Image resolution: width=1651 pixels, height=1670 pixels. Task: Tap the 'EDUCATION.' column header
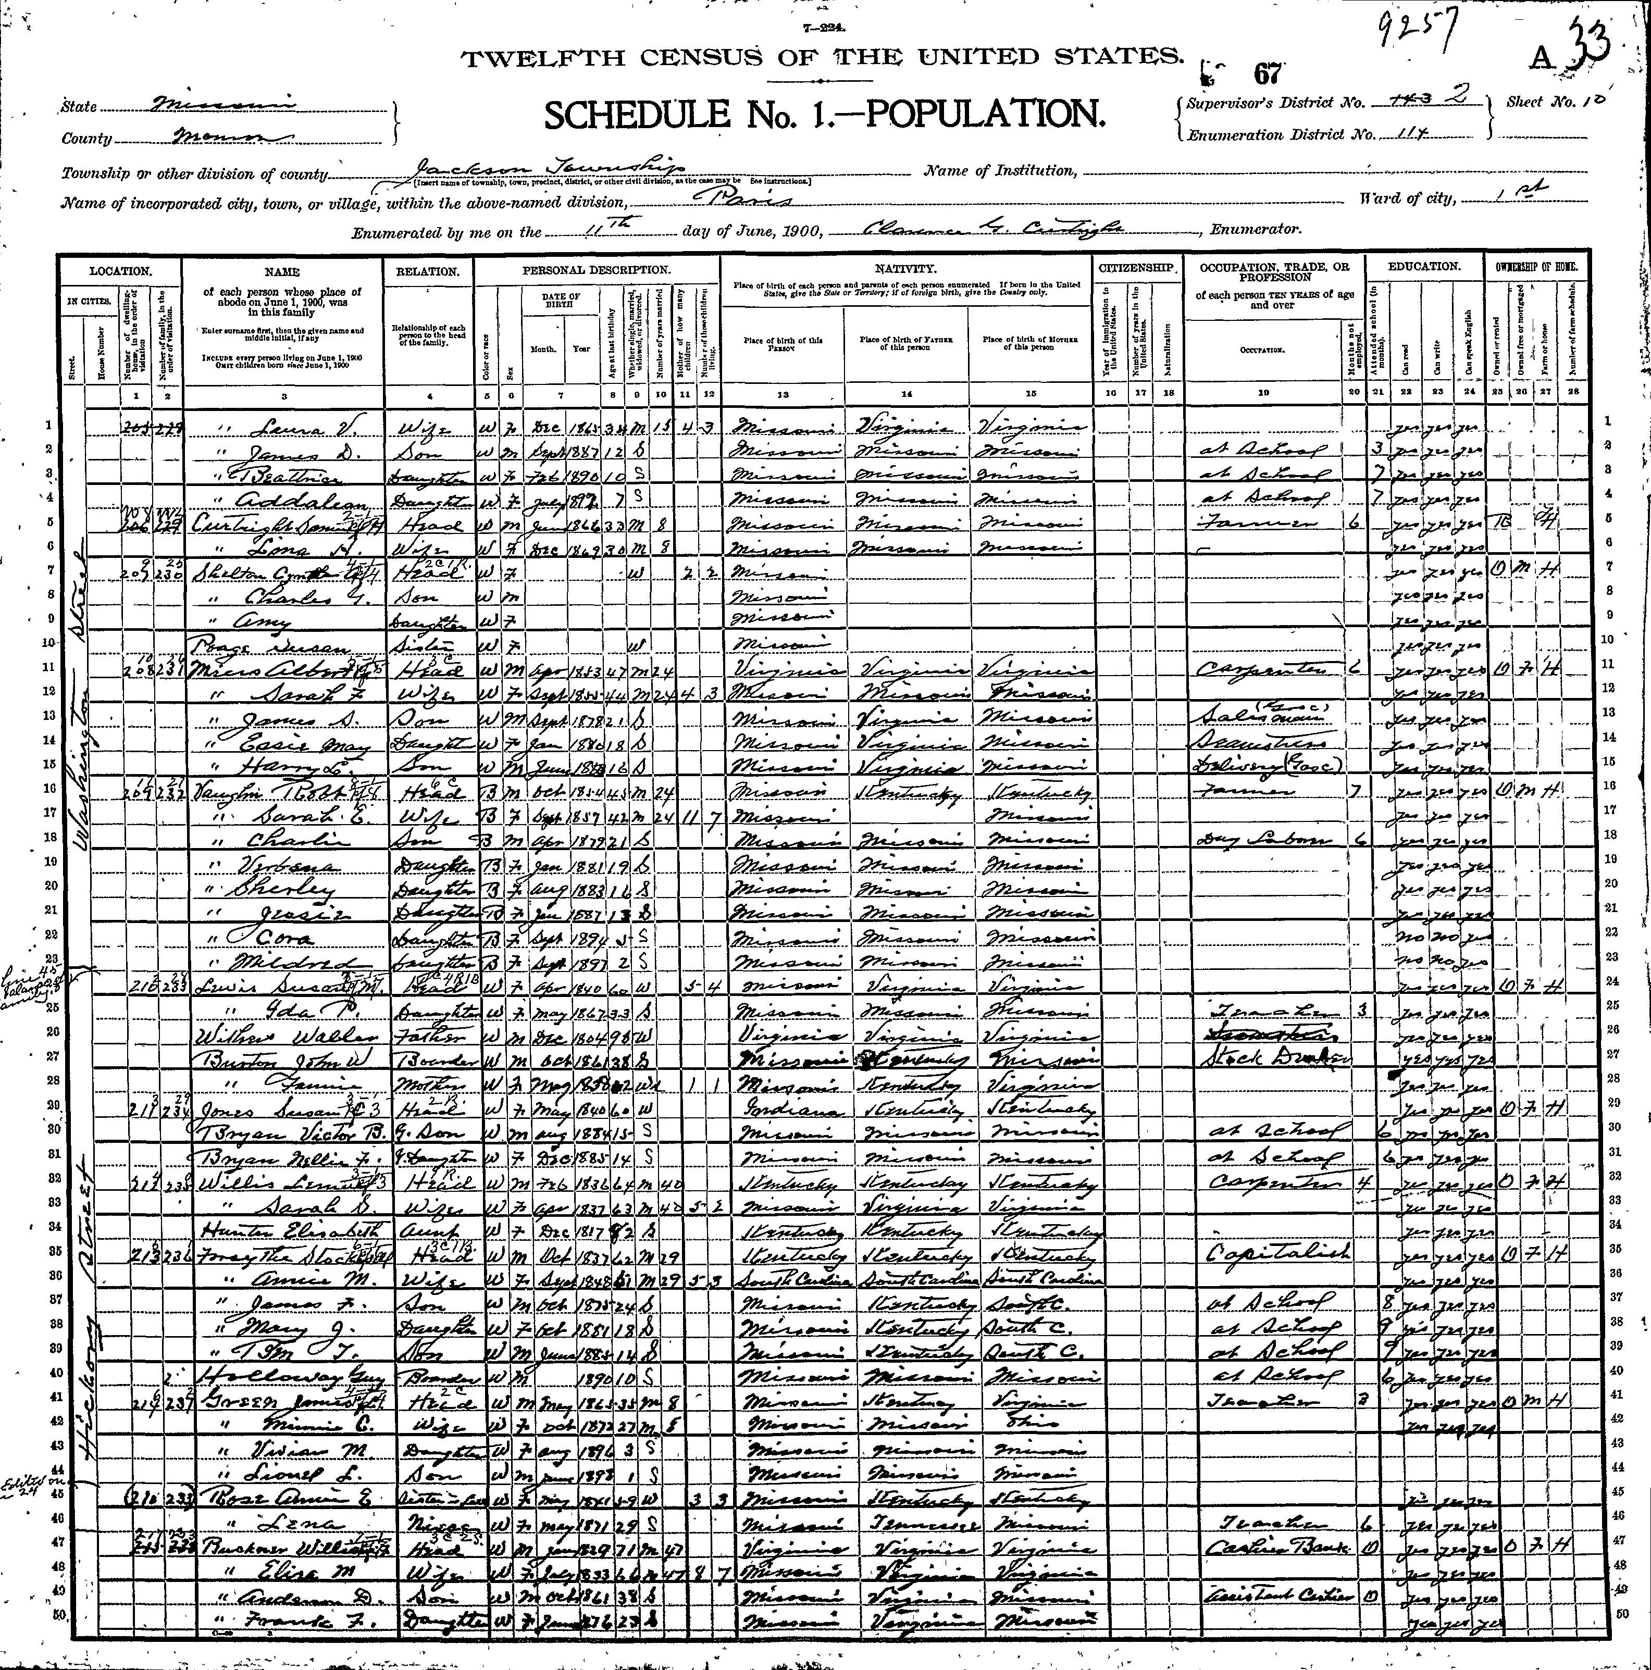(1424, 268)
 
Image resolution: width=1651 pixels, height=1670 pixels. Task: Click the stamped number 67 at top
(1267, 74)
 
